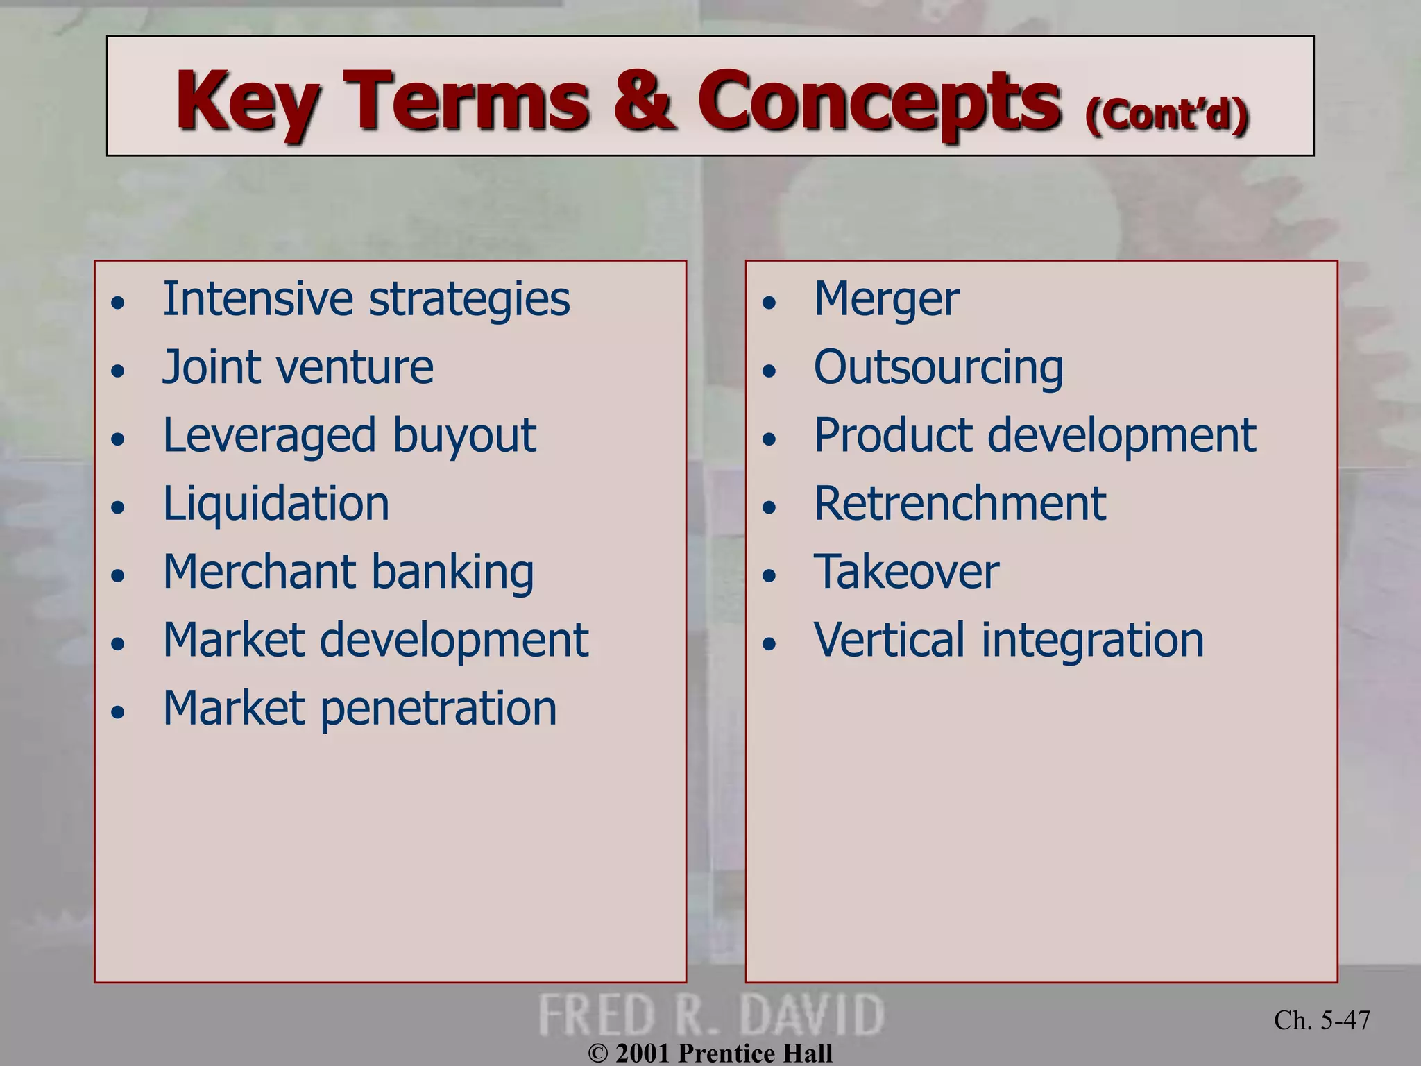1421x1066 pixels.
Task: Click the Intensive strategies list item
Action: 366,299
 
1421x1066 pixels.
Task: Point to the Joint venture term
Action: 298,367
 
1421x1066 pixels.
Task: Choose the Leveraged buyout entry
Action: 350,436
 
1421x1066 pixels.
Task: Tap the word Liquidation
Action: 276,503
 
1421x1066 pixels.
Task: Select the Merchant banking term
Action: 348,572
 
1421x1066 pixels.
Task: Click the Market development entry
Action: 375,640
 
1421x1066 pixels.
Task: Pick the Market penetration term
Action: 359,709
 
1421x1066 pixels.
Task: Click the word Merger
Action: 887,299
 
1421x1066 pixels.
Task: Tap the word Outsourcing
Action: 938,367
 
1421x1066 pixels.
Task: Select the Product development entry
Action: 1035,436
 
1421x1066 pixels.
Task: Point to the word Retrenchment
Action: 960,503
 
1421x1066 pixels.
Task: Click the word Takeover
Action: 906,572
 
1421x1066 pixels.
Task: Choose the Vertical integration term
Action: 1009,640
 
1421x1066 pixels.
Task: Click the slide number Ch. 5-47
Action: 1322,1020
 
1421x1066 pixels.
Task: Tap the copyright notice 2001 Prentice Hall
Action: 710,1053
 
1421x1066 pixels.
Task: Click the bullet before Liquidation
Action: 119,507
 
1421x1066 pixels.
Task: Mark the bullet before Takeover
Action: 769,576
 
